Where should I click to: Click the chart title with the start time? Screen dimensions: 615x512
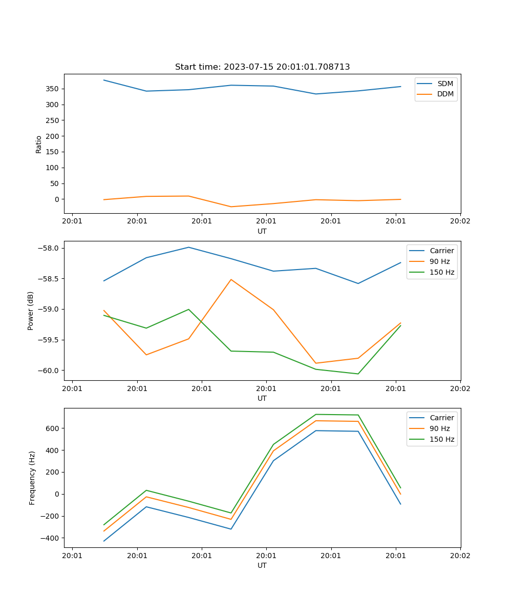(x=262, y=67)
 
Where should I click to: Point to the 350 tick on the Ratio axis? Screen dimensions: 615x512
(x=53, y=89)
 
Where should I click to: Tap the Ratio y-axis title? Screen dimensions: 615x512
(x=39, y=145)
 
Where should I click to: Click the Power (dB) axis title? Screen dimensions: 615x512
(x=31, y=311)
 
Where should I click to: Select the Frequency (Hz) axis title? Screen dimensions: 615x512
(x=32, y=478)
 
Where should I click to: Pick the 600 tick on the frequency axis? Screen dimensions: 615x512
(x=53, y=428)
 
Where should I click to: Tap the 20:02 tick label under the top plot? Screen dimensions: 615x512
(x=460, y=221)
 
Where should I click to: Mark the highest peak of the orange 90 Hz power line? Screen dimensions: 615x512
(x=231, y=279)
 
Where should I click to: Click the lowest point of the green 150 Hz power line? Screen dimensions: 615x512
(x=358, y=374)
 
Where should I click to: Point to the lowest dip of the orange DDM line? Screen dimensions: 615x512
(x=231, y=207)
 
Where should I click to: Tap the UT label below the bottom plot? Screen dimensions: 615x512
(x=262, y=565)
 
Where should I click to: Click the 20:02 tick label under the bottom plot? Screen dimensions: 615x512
(x=460, y=556)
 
